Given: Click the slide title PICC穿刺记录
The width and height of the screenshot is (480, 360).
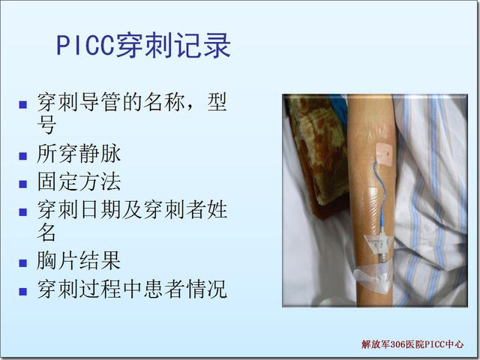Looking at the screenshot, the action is tap(143, 46).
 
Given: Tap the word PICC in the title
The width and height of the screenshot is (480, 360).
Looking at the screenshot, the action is tap(85, 46).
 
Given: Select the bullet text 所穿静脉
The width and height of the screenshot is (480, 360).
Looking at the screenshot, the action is tap(79, 153).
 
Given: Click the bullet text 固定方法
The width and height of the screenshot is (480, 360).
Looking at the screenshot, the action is tap(79, 181).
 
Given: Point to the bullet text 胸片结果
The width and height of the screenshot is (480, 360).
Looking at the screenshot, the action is tap(79, 260).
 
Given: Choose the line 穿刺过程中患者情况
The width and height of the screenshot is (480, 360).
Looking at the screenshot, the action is tap(132, 288).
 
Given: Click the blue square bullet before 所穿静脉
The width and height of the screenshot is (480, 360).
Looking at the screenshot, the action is tap(23, 156).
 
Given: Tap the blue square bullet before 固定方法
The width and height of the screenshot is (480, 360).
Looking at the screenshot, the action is tap(23, 184).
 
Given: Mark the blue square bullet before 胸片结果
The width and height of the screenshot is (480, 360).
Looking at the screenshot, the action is tap(23, 263).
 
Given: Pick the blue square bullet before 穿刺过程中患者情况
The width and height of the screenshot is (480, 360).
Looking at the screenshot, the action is tap(23, 291).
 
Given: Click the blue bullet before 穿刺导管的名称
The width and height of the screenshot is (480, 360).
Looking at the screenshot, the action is tap(23, 105).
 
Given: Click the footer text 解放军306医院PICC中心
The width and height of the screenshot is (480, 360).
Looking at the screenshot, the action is tap(412, 344).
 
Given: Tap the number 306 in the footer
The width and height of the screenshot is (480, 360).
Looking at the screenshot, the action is tap(398, 345).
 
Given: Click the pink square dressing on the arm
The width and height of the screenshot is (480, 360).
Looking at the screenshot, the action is tap(384, 153).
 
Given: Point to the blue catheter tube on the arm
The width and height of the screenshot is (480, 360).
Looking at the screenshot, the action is tap(380, 196).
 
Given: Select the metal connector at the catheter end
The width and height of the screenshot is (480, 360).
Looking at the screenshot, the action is tap(382, 258).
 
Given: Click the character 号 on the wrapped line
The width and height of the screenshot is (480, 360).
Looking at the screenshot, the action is tap(46, 124).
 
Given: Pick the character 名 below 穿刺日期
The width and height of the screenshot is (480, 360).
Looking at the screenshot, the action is tap(46, 232).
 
